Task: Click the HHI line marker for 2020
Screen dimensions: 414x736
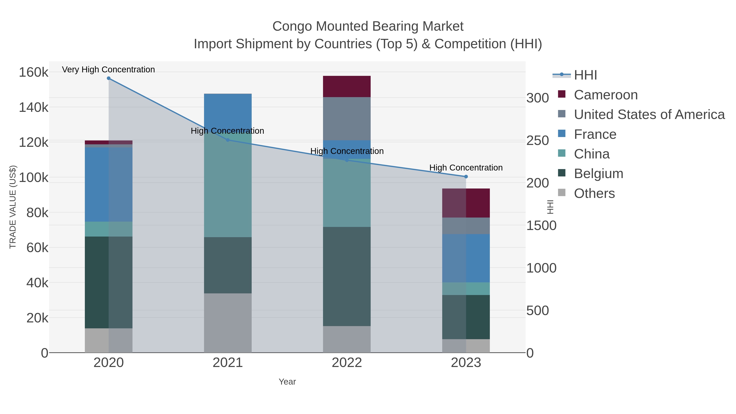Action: point(109,78)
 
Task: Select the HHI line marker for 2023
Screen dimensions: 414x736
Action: point(466,177)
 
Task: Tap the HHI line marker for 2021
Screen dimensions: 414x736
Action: point(228,140)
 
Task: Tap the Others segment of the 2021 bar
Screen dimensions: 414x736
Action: point(228,323)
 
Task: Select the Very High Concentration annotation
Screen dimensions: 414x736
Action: point(108,70)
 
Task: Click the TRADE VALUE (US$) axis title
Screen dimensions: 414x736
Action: point(13,207)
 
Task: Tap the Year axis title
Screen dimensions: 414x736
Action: point(287,382)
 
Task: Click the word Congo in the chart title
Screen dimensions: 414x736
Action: point(292,26)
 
